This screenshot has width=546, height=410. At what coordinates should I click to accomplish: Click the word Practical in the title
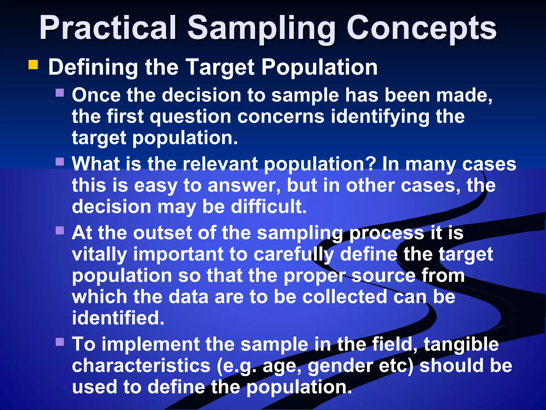(x=108, y=28)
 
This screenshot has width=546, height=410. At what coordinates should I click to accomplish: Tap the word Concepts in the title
(x=421, y=28)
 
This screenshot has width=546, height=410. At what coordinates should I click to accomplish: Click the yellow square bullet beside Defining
(x=33, y=65)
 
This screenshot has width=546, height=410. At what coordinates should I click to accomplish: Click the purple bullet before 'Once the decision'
(x=60, y=93)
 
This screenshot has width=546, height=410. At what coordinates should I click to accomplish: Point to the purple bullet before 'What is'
(x=60, y=161)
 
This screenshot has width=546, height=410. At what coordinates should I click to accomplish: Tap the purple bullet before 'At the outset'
(x=60, y=230)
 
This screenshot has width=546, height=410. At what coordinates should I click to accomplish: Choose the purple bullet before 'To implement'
(x=60, y=342)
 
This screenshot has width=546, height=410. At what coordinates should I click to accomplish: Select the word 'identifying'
(x=380, y=117)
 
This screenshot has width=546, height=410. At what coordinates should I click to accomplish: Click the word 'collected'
(x=344, y=297)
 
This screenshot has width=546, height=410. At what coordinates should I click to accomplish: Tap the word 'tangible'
(x=461, y=344)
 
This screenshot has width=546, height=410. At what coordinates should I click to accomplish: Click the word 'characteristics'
(x=141, y=366)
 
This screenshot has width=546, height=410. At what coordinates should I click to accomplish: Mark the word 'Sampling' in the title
(x=261, y=28)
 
